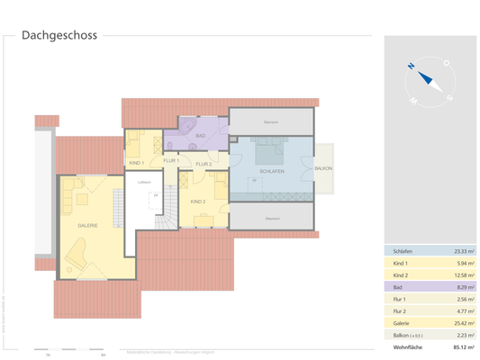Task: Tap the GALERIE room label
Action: click(x=87, y=225)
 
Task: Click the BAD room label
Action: click(x=200, y=136)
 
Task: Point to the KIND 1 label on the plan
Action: click(x=137, y=162)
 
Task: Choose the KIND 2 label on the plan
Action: click(x=199, y=202)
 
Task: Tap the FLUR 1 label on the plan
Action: click(x=170, y=160)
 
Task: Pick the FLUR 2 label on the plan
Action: click(x=204, y=164)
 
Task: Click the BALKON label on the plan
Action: click(x=324, y=168)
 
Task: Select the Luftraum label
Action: click(x=143, y=184)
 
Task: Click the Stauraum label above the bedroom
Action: click(x=271, y=121)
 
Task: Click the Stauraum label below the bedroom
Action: click(x=271, y=218)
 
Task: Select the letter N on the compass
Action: click(x=410, y=66)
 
